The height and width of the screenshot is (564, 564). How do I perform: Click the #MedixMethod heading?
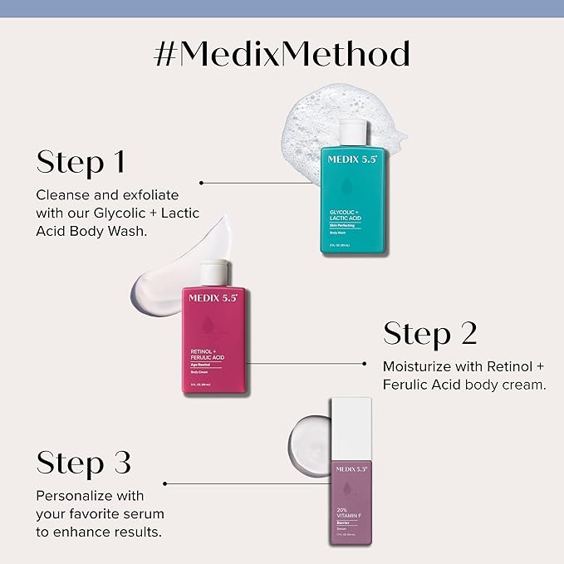pyautogui.click(x=282, y=55)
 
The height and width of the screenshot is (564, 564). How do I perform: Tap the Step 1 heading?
pyautogui.click(x=80, y=161)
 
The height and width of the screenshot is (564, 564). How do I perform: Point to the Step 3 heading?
pyautogui.click(x=83, y=463)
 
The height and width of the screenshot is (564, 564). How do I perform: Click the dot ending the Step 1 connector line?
pyautogui.click(x=202, y=181)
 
